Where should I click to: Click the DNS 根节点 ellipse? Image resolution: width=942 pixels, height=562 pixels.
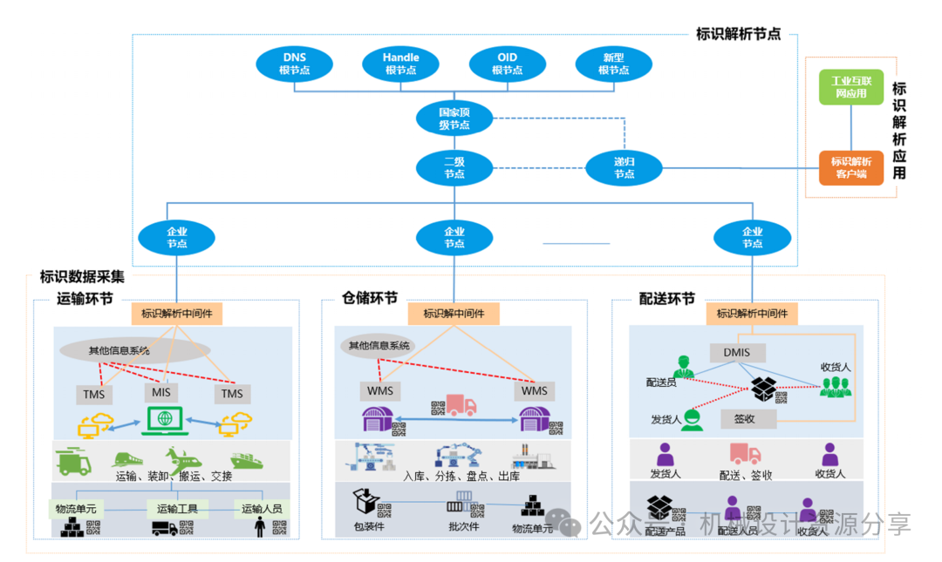point(295,64)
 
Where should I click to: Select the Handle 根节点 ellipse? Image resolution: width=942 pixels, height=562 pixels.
point(401,64)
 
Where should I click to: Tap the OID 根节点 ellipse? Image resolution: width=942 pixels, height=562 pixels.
point(507,64)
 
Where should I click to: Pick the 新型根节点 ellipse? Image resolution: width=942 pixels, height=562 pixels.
point(613,64)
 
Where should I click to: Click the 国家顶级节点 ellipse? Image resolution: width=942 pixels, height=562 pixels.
point(454,118)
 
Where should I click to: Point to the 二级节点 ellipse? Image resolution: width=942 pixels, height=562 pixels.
point(454,168)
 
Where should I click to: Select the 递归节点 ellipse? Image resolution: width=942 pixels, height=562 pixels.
point(624,168)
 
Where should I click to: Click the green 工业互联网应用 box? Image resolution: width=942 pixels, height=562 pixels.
point(850,87)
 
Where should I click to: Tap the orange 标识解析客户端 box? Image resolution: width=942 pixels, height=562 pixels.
point(850,167)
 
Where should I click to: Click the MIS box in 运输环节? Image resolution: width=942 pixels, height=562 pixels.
point(161,392)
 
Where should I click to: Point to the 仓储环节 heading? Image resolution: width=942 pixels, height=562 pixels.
point(370,299)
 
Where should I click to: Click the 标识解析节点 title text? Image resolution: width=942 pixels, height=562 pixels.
point(738,35)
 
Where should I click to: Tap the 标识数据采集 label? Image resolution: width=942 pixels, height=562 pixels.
point(82,277)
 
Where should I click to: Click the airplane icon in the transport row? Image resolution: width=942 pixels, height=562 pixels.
point(182,458)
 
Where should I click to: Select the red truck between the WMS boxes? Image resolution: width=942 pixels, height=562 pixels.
point(460,405)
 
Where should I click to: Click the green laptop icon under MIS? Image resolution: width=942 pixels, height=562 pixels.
point(162,422)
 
